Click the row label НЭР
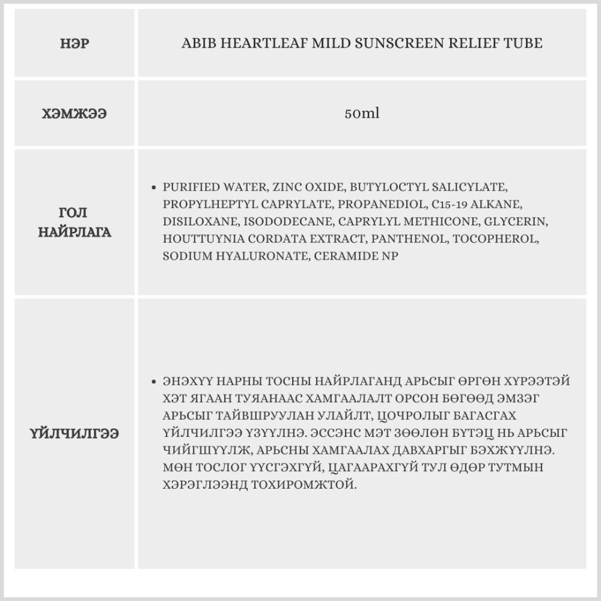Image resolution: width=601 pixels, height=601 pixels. click(x=75, y=43)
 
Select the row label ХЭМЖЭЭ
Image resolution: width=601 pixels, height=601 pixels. click(x=75, y=114)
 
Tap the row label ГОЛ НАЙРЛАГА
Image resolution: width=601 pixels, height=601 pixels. click(x=75, y=222)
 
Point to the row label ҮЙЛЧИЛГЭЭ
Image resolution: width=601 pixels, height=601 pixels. click(x=75, y=433)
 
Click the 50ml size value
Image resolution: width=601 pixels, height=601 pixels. click(x=362, y=114)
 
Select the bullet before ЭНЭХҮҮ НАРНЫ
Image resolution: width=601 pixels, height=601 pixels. click(x=155, y=382)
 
